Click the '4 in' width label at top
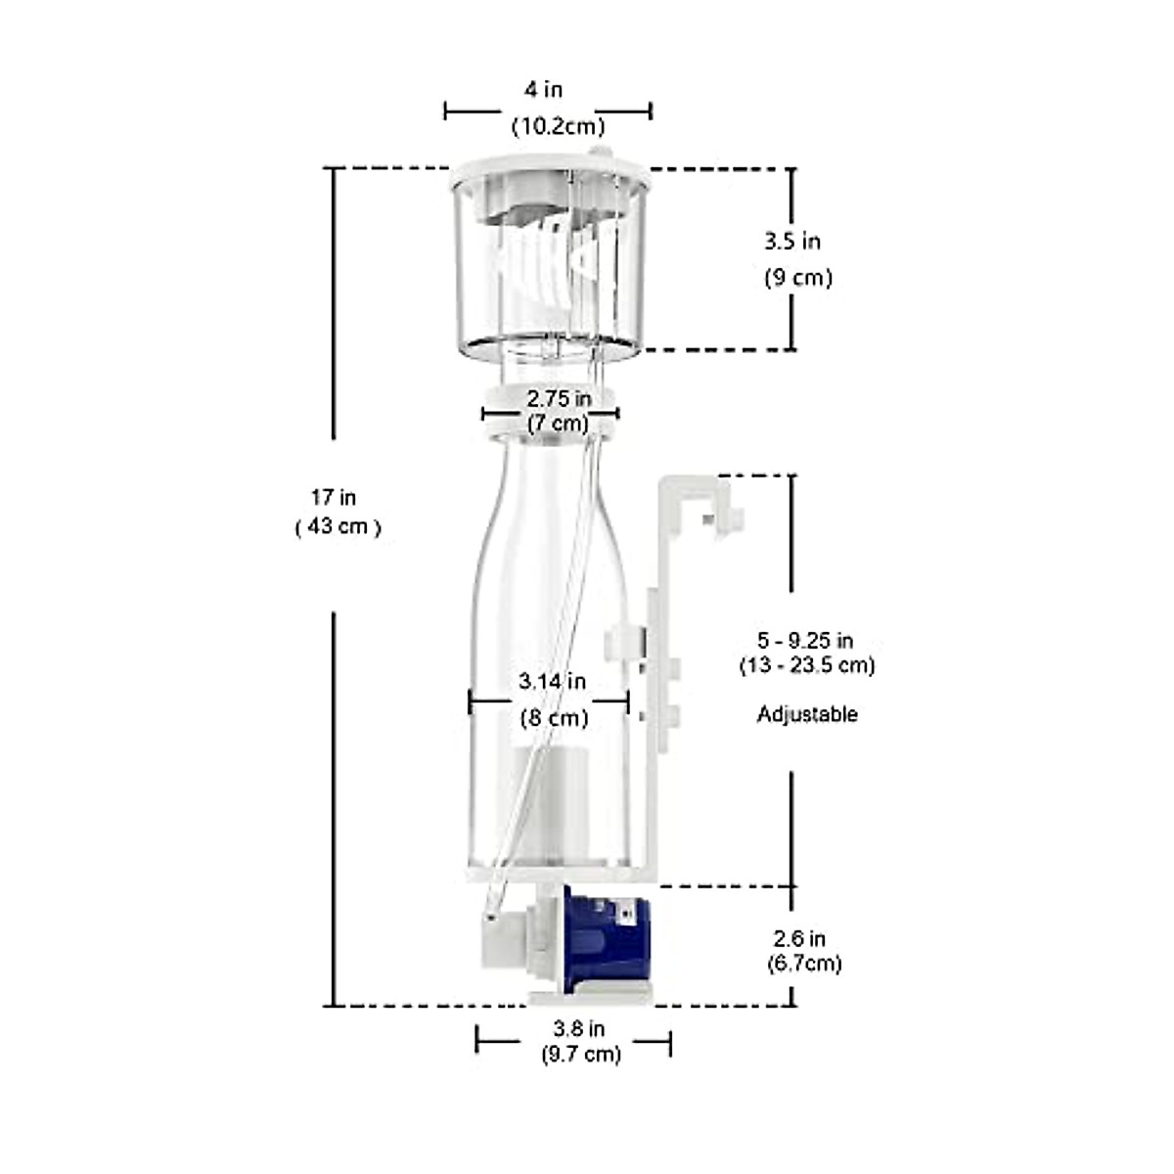[544, 89]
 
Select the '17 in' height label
[334, 497]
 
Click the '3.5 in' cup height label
[792, 241]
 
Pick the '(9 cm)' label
[797, 278]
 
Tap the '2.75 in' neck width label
[559, 398]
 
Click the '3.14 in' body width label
[553, 681]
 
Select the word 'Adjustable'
[807, 714]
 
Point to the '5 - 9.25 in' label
[805, 641]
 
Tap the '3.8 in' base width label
[579, 1028]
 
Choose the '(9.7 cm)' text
[581, 1055]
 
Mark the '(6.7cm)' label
[804, 963]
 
